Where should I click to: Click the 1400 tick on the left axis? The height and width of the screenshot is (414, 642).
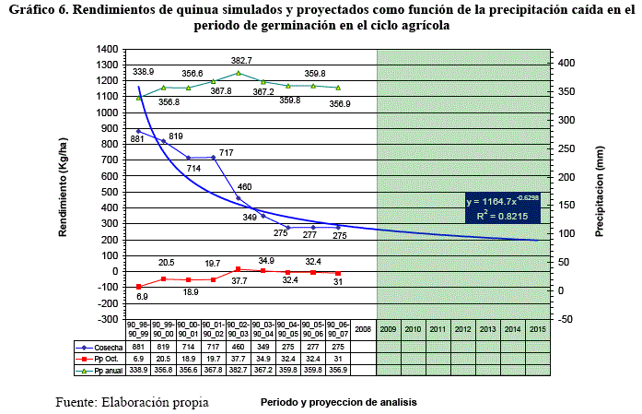pyautogui.click(x=107, y=49)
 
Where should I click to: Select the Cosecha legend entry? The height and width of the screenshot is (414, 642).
pyautogui.click(x=100, y=346)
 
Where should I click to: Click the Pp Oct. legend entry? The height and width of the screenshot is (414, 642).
pyautogui.click(x=100, y=358)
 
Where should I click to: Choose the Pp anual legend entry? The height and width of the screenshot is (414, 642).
pyautogui.click(x=100, y=370)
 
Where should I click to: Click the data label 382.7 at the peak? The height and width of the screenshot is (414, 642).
pyautogui.click(x=241, y=60)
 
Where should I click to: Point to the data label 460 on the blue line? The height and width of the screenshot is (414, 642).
pyautogui.click(x=244, y=187)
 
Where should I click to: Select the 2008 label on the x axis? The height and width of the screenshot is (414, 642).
pyautogui.click(x=364, y=329)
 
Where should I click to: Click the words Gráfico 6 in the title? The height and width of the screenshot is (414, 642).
pyautogui.click(x=42, y=11)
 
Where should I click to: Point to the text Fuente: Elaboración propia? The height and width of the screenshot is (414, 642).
pyautogui.click(x=131, y=402)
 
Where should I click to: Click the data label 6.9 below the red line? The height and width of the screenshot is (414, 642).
pyautogui.click(x=142, y=296)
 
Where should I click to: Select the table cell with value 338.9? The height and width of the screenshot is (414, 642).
pyautogui.click(x=140, y=370)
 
